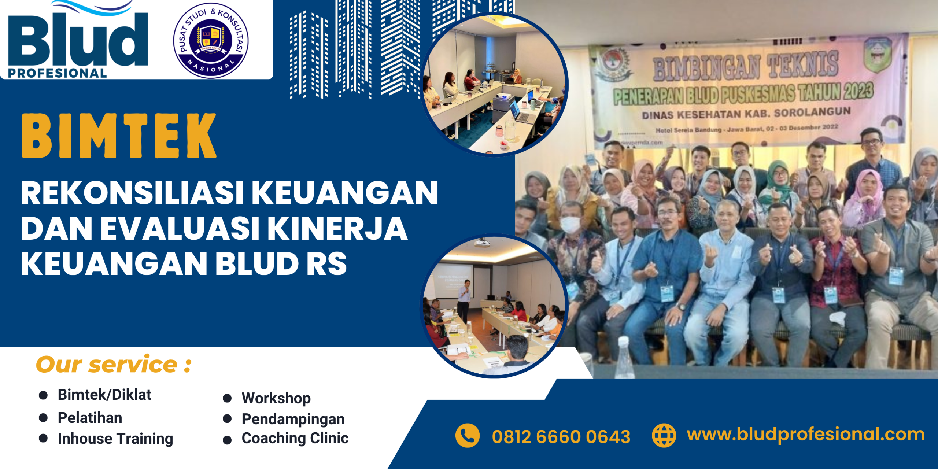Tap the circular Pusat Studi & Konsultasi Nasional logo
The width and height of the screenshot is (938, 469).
pyautogui.click(x=211, y=40)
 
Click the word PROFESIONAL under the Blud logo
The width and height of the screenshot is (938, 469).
pyautogui.click(x=57, y=73)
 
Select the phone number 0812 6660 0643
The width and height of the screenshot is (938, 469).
pyautogui.click(x=561, y=437)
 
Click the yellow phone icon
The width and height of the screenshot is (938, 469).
pyautogui.click(x=467, y=436)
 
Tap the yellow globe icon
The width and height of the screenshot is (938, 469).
pyautogui.click(x=664, y=436)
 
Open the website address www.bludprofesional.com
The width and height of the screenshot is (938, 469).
pyautogui.click(x=805, y=435)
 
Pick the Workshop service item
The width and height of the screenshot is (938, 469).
pyautogui.click(x=276, y=398)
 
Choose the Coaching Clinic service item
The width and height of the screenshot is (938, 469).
pyautogui.click(x=295, y=438)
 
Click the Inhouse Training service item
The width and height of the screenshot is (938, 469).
pyautogui.click(x=115, y=439)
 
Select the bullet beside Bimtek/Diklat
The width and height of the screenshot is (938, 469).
pyautogui.click(x=43, y=395)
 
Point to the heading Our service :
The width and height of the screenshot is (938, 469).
pyautogui.click(x=114, y=365)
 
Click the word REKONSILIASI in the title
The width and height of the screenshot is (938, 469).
pyautogui.click(x=132, y=193)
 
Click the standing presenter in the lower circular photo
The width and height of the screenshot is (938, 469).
pyautogui.click(x=464, y=300)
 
